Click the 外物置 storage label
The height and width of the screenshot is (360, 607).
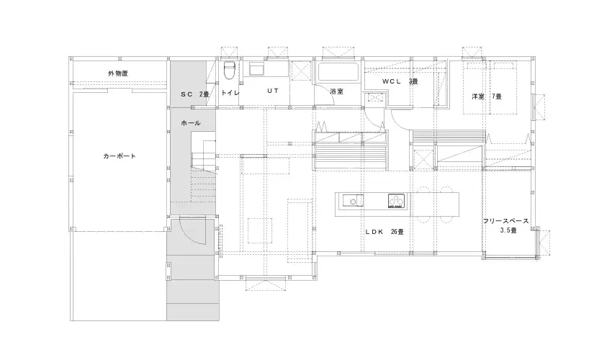click(118, 73)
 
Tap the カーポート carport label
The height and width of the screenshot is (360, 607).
click(120, 156)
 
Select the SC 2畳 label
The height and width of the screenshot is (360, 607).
click(195, 94)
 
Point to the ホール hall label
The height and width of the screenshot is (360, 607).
click(191, 123)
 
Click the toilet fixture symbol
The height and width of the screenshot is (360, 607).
click(230, 71)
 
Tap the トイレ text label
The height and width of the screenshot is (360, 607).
click(230, 93)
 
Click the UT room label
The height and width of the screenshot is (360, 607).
click(273, 91)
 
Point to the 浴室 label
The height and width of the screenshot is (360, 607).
click(337, 91)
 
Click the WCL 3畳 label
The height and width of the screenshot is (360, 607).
click(400, 81)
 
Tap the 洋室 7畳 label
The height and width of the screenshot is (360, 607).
click(487, 96)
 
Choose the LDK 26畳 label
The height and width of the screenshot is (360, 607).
click(385, 232)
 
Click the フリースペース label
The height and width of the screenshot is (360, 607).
click(505, 221)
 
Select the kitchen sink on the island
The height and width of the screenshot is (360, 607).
click(352, 200)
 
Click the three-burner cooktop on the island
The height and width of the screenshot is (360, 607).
click(397, 201)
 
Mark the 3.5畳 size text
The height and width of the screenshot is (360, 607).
click(508, 230)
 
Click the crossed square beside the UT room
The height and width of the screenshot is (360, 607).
click(301, 71)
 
